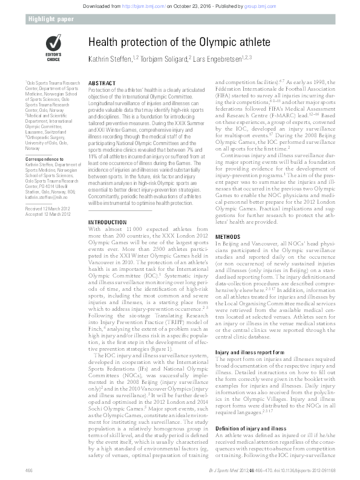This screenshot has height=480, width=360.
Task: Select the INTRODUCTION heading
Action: [108, 223]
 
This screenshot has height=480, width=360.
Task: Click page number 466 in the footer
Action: [28, 469]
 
